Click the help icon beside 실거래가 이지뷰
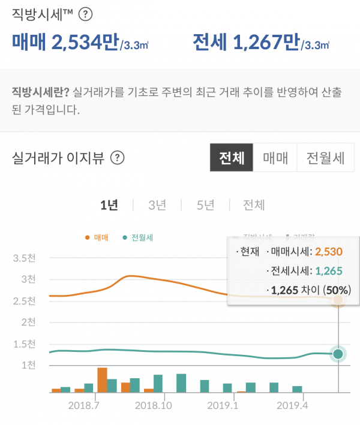point(118,158)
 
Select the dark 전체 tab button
point(232,158)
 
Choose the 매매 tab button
point(275,158)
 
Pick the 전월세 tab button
point(325,158)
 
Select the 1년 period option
point(109,205)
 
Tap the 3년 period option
point(157,205)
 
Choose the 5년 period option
point(205,205)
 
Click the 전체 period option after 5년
point(254,205)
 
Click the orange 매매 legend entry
point(97,237)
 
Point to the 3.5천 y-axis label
point(25,258)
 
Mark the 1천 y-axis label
point(28,365)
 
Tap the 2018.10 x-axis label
point(154,405)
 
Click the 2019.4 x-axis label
point(293,405)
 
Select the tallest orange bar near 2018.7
point(102,379)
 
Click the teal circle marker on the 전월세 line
point(338,354)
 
